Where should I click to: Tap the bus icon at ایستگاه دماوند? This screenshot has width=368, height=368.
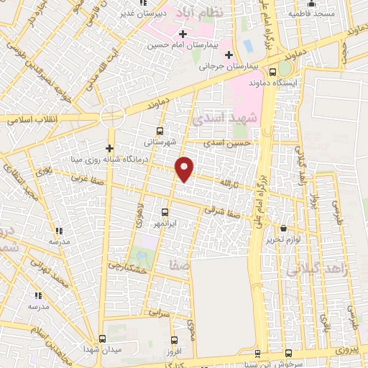coord(272,72)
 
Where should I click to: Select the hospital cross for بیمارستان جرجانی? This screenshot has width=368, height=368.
coord(229,55)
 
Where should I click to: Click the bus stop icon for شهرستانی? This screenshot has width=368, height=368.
coord(159,131)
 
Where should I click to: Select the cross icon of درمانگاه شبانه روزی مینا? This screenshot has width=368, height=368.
coord(109,149)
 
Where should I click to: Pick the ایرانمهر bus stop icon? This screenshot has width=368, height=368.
coord(165,212)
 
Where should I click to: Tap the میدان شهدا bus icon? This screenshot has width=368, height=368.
coord(101,338)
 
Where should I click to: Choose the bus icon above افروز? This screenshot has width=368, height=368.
coord(173,340)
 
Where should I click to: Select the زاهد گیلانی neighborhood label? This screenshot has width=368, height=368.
coord(316,270)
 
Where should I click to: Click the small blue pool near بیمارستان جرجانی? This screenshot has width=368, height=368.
coord(248,45)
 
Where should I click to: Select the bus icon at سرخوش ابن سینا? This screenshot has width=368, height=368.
coord(288,353)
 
